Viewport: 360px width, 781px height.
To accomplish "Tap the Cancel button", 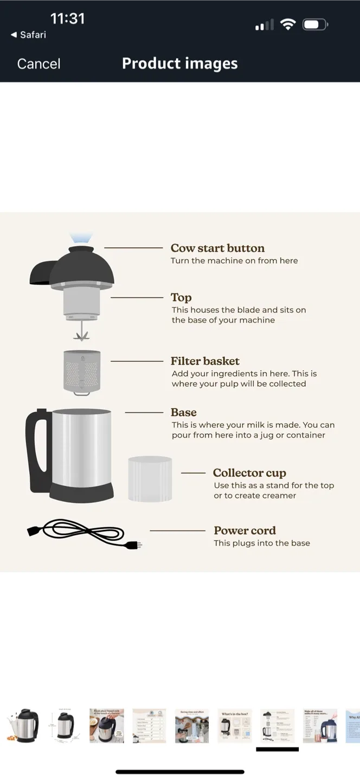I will (38, 64).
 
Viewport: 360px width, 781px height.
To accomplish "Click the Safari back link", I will (29, 35).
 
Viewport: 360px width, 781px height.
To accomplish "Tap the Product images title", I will (179, 63).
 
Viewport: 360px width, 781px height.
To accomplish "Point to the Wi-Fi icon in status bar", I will (288, 24).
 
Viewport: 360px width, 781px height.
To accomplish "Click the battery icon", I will (315, 24).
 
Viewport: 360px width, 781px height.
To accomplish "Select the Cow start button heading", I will (217, 248).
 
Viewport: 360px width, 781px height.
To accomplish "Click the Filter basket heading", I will (205, 361).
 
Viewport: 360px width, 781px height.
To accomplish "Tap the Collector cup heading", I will (249, 473).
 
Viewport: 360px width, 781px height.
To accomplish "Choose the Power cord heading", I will (245, 530).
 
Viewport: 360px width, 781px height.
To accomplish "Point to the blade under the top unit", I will (81, 332).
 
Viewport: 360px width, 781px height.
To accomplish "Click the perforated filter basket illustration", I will (82, 372).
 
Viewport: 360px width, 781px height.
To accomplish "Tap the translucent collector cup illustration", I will (150, 478).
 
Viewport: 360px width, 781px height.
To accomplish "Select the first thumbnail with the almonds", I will (22, 725).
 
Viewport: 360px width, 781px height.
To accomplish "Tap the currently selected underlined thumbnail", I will (277, 725).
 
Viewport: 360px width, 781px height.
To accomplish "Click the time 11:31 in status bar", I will (67, 18).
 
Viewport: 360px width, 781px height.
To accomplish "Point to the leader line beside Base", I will (144, 413).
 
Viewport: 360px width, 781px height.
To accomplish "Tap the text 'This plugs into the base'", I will (262, 543).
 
